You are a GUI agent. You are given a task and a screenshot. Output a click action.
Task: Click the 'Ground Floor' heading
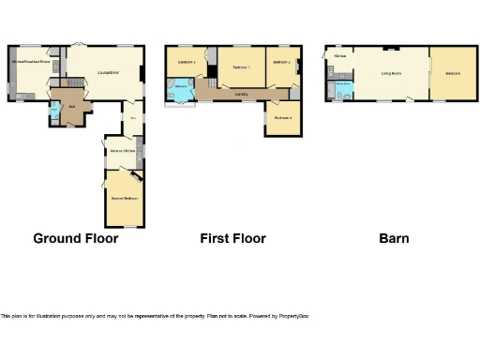pos(76,238)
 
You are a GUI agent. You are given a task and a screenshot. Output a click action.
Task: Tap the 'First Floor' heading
pos(232,238)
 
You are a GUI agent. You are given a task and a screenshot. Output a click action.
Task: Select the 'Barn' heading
pos(394,238)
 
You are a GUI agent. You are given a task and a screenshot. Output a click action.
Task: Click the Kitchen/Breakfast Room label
pos(28,61)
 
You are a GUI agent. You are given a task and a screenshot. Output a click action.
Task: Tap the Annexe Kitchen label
pos(123,150)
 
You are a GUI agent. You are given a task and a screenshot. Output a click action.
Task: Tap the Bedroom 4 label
pos(283,118)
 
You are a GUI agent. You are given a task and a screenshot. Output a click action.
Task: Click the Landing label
pos(241,94)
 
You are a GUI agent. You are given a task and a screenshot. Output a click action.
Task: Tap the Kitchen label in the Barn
pos(339,56)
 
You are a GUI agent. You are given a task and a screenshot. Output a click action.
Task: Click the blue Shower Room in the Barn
pos(343,87)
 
